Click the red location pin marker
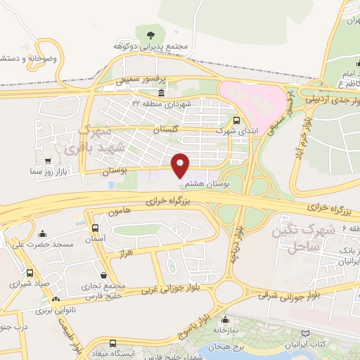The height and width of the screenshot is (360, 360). point(181,166)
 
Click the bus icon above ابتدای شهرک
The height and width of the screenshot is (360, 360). point(237,120)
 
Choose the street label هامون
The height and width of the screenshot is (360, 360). point(118,212)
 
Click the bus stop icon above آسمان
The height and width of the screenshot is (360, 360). point(94,228)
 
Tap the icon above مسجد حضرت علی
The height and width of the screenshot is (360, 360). point(43,233)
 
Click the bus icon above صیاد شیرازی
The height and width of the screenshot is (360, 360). point(30,273)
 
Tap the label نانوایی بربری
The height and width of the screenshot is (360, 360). point(55,309)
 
